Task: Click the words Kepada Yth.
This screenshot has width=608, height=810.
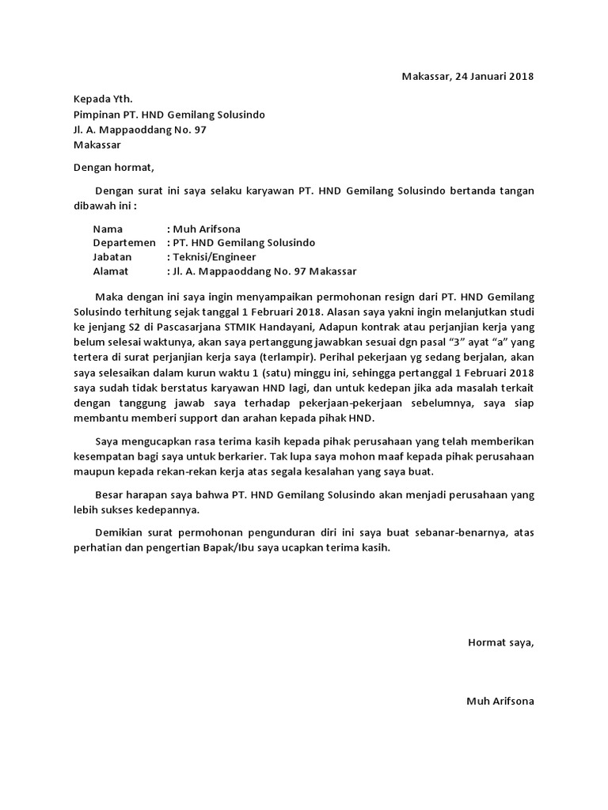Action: [103, 99]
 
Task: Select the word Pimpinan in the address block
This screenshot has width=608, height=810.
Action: [95, 115]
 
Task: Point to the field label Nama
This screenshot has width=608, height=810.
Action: [108, 229]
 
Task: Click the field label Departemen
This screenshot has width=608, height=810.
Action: [124, 243]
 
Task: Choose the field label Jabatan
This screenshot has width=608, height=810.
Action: [112, 257]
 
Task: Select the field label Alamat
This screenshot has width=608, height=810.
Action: [111, 271]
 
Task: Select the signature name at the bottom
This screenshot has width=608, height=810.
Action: [500, 701]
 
